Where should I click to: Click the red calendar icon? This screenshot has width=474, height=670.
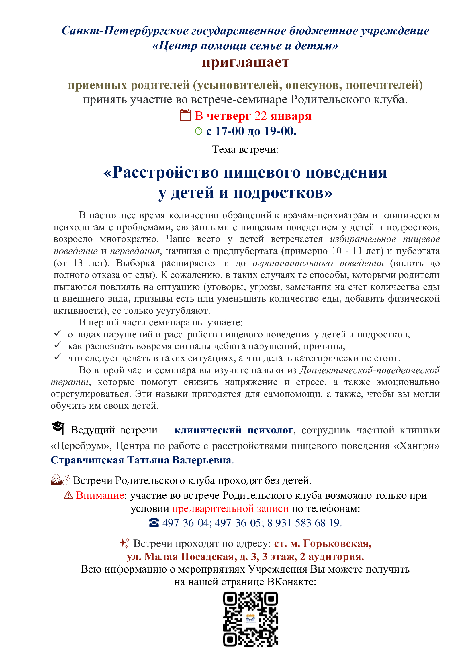pos(185,115)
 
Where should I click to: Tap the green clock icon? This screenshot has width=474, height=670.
pos(199,131)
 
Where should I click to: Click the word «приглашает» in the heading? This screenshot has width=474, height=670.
pos(246,62)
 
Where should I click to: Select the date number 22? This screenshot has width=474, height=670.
pos(260,116)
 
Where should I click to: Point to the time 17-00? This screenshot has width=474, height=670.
pos(230,131)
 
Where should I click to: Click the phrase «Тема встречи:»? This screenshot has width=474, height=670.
pos(245,149)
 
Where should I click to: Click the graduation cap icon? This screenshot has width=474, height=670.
pos(58,428)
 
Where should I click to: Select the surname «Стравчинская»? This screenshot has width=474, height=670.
pos(87,460)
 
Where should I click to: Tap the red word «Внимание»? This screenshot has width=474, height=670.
pos(100,495)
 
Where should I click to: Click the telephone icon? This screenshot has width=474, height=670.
pos(154,523)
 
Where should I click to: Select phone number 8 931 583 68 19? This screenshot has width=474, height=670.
pos(303,523)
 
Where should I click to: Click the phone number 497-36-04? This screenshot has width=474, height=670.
pos(185,523)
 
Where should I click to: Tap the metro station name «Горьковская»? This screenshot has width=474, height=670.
pos(337,543)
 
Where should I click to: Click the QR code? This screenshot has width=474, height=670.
pos(250,619)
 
